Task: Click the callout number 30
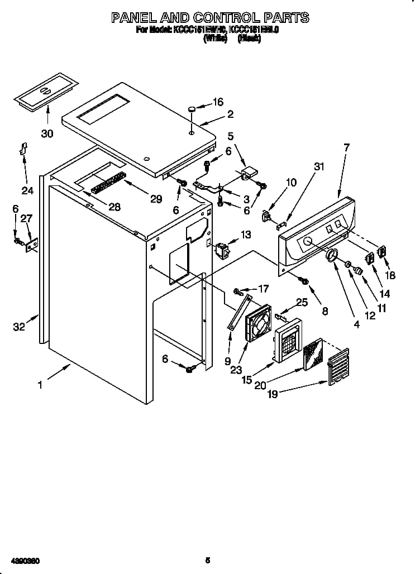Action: [x=47, y=133]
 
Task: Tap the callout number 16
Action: [x=217, y=102]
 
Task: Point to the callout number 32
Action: [x=19, y=327]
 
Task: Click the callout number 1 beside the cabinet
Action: [x=40, y=385]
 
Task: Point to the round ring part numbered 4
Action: [x=332, y=256]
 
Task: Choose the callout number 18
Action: [x=389, y=275]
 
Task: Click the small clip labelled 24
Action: [x=24, y=150]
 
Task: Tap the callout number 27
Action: [x=26, y=218]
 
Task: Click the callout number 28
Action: [x=114, y=207]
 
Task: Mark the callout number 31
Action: [x=319, y=166]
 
